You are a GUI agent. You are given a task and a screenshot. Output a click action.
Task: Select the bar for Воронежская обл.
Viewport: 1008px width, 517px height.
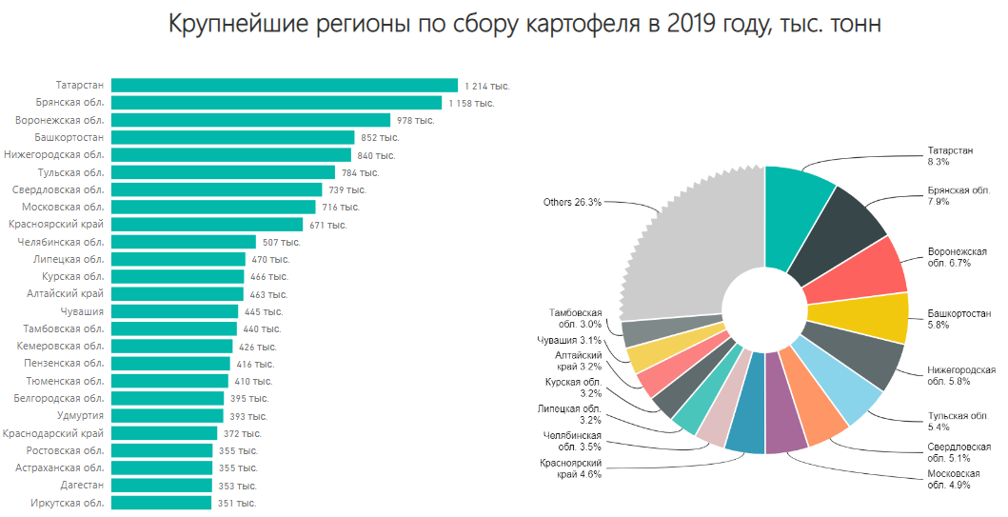(x=250, y=120)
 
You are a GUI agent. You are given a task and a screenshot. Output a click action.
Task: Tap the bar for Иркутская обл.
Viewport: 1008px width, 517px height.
(x=161, y=503)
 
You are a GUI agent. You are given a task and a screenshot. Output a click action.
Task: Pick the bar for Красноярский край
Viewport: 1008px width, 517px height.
(x=207, y=224)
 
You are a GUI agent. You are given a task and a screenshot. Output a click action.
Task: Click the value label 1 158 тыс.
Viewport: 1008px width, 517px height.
(x=471, y=103)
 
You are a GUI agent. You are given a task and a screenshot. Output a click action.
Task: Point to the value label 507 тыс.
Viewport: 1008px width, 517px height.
(x=281, y=242)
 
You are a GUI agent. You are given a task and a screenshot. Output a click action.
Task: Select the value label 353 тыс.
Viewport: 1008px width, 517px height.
(x=237, y=486)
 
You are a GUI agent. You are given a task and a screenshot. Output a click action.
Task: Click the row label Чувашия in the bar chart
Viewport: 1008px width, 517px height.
(x=81, y=311)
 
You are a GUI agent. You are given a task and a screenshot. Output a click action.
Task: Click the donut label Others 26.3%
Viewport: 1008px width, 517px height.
(x=572, y=202)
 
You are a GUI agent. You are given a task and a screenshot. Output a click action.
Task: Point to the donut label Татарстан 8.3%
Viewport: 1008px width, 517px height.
(x=951, y=156)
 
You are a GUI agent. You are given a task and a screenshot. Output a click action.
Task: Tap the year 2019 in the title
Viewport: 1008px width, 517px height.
(x=696, y=23)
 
